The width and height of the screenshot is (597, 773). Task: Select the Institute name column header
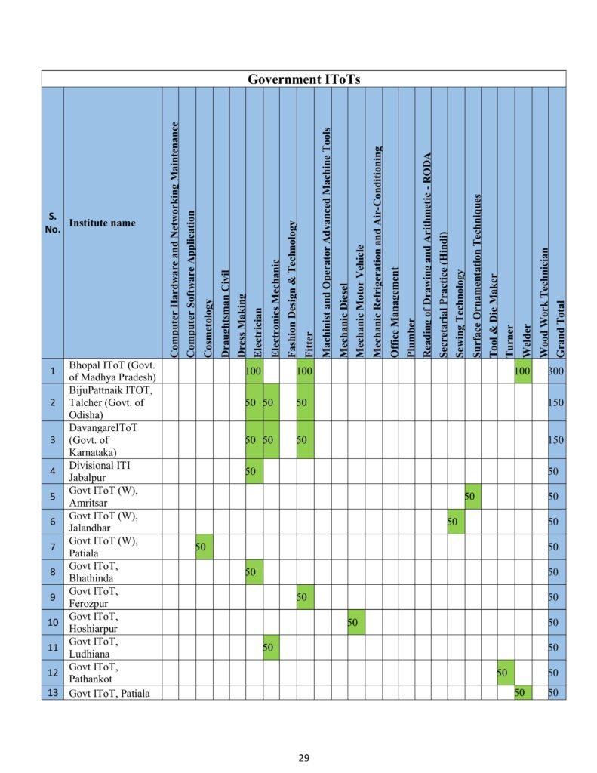coord(103,223)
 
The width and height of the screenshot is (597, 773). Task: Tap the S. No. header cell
coord(52,223)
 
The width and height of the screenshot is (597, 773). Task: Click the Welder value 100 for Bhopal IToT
coord(522,371)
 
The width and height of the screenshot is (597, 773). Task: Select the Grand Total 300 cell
coord(557,371)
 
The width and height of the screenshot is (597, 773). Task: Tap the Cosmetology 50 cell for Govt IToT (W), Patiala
coord(203,547)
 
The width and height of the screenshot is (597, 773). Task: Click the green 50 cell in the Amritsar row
coord(472,497)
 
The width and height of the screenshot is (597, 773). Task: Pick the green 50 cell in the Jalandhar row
coord(454,522)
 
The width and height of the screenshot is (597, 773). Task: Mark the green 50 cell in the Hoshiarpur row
coord(355,622)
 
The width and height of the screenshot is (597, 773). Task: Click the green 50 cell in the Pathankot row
coord(505,673)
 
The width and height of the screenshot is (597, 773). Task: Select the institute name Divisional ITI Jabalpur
coord(100,471)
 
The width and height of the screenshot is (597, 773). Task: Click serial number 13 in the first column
coord(52,692)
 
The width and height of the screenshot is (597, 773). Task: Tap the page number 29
coord(303,758)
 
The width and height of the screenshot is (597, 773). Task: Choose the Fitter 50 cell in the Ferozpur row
coord(304,597)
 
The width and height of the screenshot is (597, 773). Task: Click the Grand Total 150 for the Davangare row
coord(557,440)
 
